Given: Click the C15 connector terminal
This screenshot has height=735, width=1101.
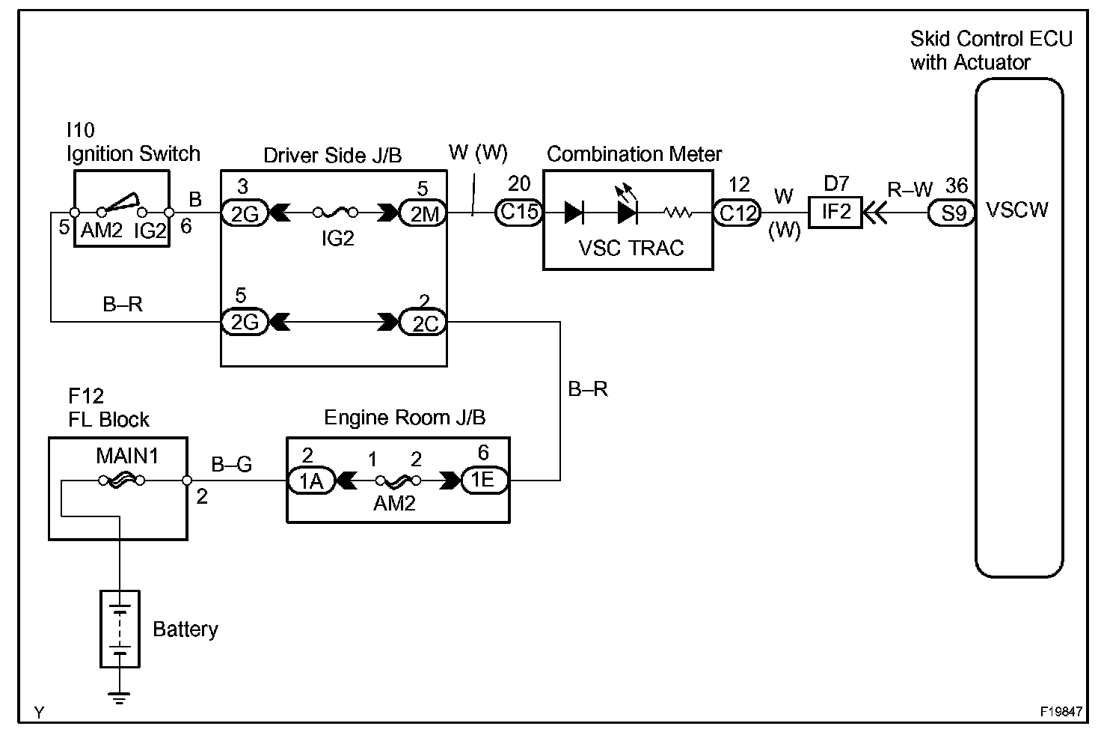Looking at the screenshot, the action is (519, 213).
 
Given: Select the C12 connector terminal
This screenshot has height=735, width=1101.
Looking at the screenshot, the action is (737, 213).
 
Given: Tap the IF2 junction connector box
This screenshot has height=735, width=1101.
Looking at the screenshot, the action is (835, 213).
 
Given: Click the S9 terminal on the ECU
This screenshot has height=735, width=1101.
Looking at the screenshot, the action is (951, 213).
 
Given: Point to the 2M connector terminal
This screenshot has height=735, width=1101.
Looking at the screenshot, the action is (423, 213).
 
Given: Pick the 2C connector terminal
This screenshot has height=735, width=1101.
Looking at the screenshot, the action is (423, 323).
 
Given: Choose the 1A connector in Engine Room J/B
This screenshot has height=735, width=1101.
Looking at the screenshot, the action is (311, 481).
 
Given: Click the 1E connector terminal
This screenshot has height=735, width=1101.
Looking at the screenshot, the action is (485, 480).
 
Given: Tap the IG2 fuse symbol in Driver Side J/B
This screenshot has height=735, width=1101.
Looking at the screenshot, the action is (335, 213).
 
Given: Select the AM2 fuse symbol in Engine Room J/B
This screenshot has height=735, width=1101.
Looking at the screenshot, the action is (398, 481).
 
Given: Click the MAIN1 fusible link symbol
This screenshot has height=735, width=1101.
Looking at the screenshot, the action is (121, 481).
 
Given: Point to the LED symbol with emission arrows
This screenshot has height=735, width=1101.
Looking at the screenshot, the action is (627, 207).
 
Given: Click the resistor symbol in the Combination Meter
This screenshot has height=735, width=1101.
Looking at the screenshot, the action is (678, 213).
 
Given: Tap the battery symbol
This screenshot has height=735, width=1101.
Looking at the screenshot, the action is (120, 629).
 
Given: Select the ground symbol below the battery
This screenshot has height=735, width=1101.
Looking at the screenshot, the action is (120, 698).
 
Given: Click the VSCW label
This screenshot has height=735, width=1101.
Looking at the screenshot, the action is (1017, 210).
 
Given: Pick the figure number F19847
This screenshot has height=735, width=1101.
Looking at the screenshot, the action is (1061, 711).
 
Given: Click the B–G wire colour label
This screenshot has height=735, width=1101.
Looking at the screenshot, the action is (232, 464).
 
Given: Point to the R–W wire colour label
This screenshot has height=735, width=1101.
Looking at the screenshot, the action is (910, 189).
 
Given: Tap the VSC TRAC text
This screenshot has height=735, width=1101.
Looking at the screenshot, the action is (631, 248).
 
